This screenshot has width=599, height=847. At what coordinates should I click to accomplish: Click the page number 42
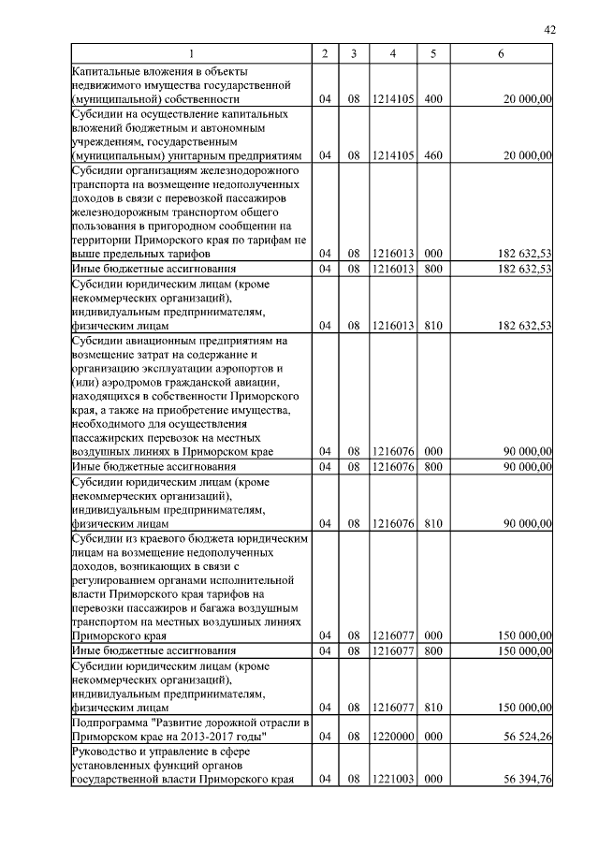[549, 31]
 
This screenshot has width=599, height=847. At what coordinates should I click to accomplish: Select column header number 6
[501, 54]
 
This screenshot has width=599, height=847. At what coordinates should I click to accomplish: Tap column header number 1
[192, 54]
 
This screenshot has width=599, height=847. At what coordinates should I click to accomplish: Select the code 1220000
[393, 737]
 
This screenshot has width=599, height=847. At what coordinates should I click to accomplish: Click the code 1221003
[393, 779]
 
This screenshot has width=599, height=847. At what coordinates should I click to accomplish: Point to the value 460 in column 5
[432, 155]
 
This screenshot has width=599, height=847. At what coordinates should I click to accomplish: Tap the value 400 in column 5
[432, 99]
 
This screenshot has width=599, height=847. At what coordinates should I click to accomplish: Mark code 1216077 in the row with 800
[393, 650]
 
